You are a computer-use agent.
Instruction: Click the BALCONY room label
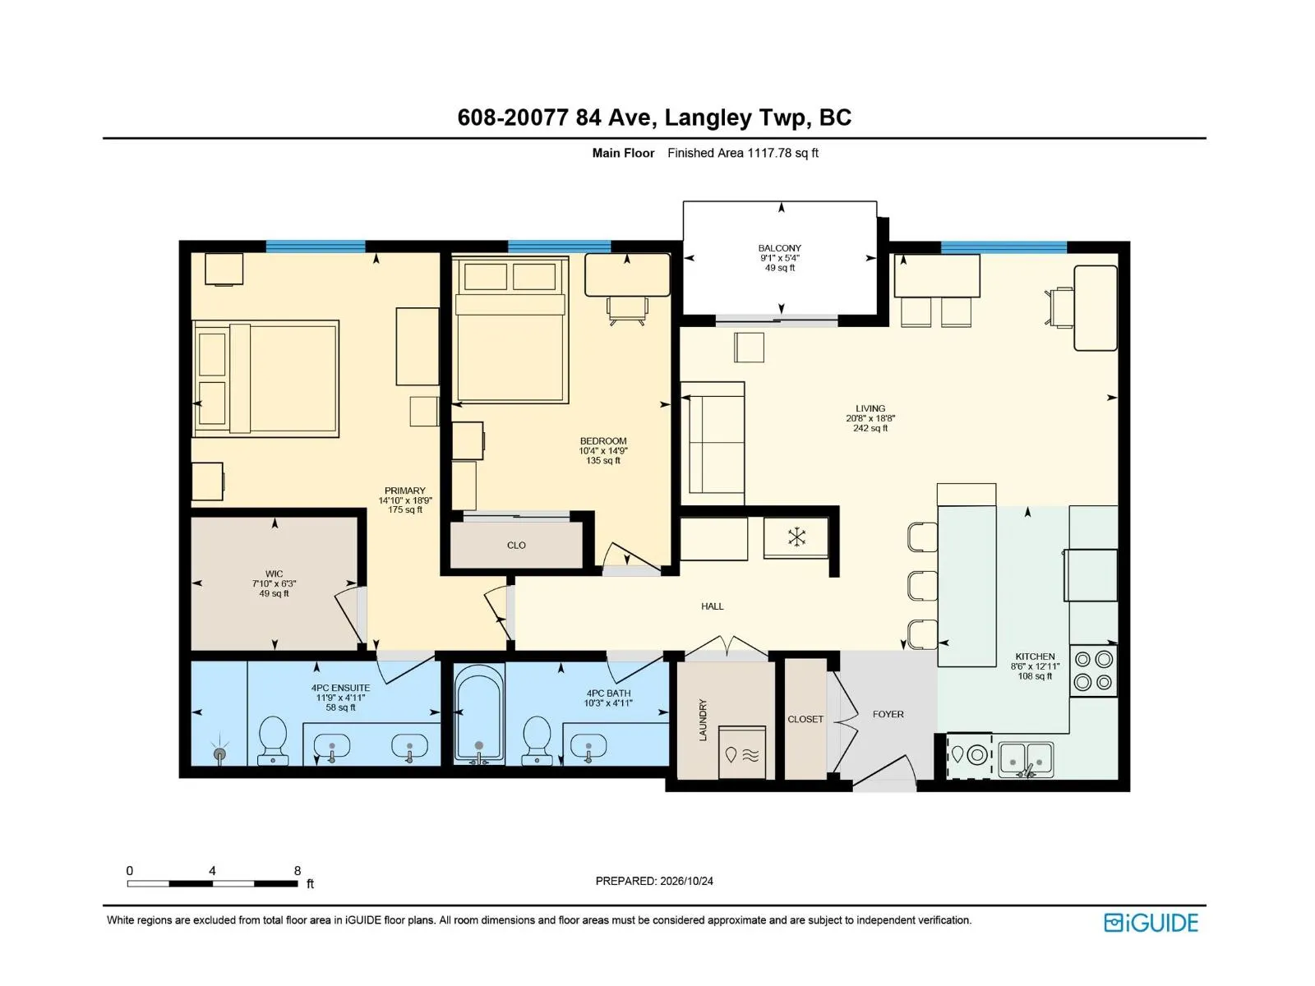click(779, 248)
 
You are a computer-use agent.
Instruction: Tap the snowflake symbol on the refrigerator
click(796, 537)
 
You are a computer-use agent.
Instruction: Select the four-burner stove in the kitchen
click(1093, 670)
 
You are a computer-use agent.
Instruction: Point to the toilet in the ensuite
click(273, 740)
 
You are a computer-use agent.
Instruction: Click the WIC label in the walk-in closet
click(274, 574)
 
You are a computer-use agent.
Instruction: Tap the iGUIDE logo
click(1151, 923)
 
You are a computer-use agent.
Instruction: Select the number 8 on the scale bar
click(298, 870)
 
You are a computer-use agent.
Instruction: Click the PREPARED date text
click(654, 881)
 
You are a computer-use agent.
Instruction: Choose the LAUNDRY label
click(704, 720)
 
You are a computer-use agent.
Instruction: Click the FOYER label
click(888, 714)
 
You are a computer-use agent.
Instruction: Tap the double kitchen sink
click(1027, 760)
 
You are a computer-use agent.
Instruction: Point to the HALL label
click(713, 606)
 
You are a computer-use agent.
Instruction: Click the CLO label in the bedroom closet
click(516, 546)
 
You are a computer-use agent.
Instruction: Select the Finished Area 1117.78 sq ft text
click(743, 154)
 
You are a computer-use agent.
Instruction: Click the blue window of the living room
click(1004, 246)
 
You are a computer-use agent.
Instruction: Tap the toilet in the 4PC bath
click(537, 740)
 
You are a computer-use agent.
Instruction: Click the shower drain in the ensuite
click(220, 752)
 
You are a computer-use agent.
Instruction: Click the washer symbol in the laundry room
click(742, 753)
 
